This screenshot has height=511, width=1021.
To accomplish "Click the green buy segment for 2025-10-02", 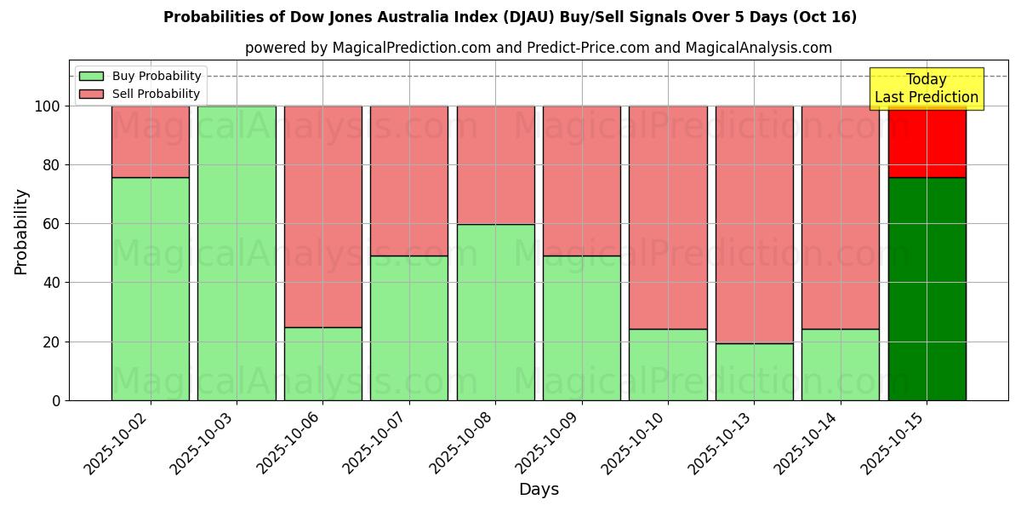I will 151,289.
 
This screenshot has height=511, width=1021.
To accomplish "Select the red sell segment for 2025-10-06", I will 323,216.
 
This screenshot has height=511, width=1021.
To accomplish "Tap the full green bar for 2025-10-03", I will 237,253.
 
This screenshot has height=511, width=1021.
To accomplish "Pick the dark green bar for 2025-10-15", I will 927,289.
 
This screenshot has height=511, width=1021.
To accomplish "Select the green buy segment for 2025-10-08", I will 496,312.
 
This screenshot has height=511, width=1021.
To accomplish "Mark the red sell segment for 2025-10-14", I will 841,217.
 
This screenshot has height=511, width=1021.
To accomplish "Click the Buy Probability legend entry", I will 140,77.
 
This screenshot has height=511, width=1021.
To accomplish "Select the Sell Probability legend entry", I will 140,95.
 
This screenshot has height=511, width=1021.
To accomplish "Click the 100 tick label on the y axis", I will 48,106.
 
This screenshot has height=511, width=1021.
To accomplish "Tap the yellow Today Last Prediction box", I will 926,89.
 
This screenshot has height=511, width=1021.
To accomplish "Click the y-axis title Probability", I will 21,232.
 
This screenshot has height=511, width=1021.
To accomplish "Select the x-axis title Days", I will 539,490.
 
